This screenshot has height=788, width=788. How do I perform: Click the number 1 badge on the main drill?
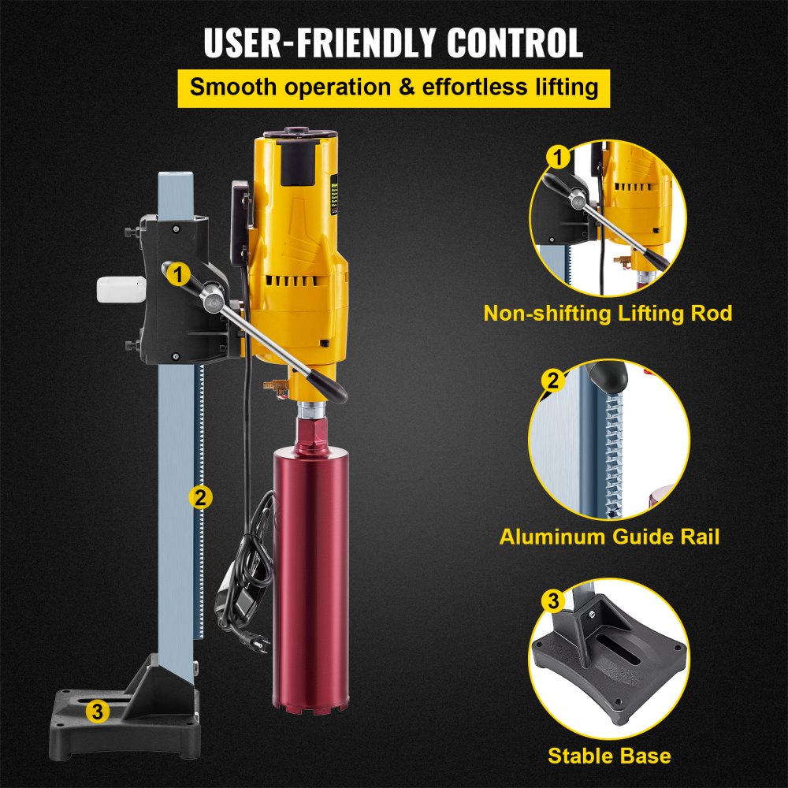tap(180, 274)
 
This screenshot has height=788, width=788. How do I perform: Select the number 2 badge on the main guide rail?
tap(200, 497)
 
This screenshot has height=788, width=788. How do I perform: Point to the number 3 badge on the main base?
tap(97, 712)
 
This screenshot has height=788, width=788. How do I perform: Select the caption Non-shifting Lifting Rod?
tap(608, 313)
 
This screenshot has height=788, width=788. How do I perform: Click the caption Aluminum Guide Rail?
tap(609, 537)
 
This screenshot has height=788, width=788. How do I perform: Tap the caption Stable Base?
tap(609, 756)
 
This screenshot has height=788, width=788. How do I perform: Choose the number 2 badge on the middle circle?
tap(553, 381)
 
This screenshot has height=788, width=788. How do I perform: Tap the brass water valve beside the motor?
tap(273, 386)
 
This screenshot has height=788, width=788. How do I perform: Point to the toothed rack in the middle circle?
tap(611, 457)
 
